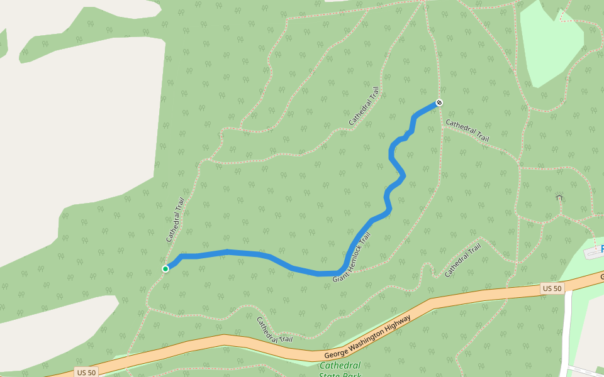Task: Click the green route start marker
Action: [x=165, y=269]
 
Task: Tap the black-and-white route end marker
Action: [x=439, y=102]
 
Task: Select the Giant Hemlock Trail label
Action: [x=352, y=257]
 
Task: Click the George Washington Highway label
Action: [x=368, y=337]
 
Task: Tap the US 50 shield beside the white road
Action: [x=552, y=288]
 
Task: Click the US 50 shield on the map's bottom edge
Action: [x=86, y=372]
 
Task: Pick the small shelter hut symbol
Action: [x=559, y=197]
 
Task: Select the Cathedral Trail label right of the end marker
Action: [x=467, y=130]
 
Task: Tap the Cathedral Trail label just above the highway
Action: [x=274, y=329]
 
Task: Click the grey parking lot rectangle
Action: [x=593, y=253]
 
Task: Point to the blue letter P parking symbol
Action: [x=601, y=249]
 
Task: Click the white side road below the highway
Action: [x=567, y=327]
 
